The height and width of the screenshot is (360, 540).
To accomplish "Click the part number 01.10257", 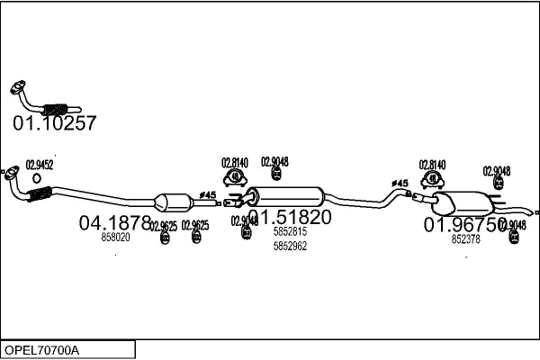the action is point(54,123).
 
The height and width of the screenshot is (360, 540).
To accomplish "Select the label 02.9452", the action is point(39,165).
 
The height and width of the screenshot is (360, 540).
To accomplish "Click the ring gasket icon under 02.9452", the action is point(36,178).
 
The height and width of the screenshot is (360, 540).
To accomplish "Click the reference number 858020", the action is point(115,238).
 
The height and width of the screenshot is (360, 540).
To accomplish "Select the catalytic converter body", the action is point(174,202).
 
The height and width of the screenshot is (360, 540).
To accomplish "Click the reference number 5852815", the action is point(290,232).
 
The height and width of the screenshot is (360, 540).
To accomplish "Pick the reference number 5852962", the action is point(290,246).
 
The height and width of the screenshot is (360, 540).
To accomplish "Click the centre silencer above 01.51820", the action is point(285,194).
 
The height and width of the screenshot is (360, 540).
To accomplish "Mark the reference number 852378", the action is point(465,239).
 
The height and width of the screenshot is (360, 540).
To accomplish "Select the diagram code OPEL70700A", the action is point(41,349).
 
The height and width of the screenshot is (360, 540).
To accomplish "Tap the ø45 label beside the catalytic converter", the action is point(208,195).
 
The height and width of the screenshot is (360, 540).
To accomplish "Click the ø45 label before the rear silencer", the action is point(399,184).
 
